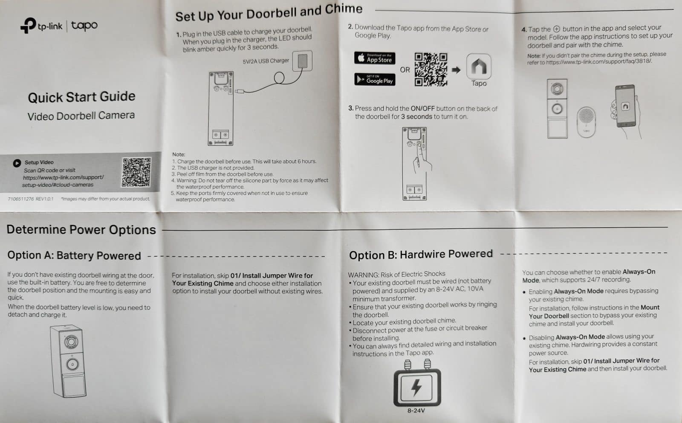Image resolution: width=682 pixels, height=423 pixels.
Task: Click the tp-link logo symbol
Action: [29, 25]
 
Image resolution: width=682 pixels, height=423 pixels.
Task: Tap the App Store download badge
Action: [375, 58]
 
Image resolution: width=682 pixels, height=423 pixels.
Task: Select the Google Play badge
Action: [375, 79]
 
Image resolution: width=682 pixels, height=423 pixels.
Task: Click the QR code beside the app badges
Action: [431, 70]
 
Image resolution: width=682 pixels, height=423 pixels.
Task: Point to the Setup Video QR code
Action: [136, 172]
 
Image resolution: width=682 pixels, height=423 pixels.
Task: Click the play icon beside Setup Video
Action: [17, 163]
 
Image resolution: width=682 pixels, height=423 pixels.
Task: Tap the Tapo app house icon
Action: [479, 67]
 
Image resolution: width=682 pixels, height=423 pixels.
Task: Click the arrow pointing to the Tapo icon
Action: [456, 70]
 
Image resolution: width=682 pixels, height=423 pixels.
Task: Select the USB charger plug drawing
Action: [302, 61]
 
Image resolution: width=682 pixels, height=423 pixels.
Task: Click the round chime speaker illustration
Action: [586, 122]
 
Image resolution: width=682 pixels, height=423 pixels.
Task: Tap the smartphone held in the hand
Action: [625, 106]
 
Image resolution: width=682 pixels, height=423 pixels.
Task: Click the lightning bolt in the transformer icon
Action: [416, 387]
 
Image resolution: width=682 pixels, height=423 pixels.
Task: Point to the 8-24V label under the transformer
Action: [416, 411]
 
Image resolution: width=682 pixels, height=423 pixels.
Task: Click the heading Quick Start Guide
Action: [81, 97]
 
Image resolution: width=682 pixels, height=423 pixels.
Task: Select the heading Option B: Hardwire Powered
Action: [421, 254]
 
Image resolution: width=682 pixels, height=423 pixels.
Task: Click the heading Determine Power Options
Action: [81, 229]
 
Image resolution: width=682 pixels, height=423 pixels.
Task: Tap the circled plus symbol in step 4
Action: [557, 29]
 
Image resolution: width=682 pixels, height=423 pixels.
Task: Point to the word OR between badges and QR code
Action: [405, 70]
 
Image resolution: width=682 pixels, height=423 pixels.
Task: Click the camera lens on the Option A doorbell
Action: [71, 342]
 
